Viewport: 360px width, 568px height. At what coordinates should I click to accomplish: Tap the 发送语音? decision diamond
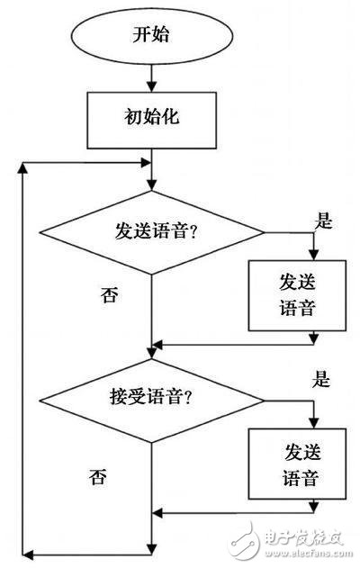coord(153,233)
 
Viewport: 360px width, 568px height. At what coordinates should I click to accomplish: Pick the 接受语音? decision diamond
coord(153,392)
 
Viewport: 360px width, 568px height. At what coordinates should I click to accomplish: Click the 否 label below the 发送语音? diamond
coord(109,294)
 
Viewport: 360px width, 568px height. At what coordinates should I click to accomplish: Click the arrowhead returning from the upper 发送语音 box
coord(159,345)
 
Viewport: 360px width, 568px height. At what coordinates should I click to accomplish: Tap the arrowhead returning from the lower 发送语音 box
coord(159,514)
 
